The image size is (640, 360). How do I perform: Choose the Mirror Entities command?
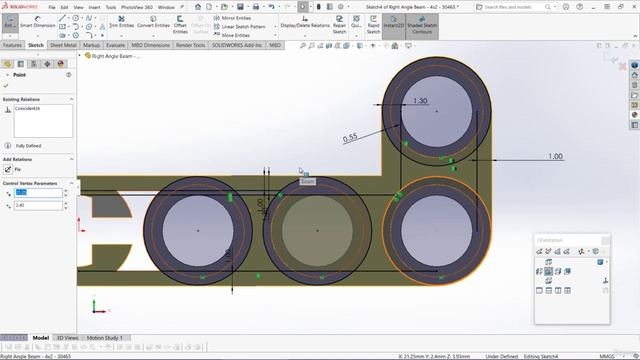[x=236, y=18]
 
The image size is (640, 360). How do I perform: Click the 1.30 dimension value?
[x=420, y=102]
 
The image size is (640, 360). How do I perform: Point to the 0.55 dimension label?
[x=350, y=137]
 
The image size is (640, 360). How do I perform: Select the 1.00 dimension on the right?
[x=555, y=156]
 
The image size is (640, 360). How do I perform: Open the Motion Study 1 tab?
[x=107, y=338]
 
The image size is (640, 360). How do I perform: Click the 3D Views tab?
[x=68, y=338]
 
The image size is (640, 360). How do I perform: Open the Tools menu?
[x=111, y=7]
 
